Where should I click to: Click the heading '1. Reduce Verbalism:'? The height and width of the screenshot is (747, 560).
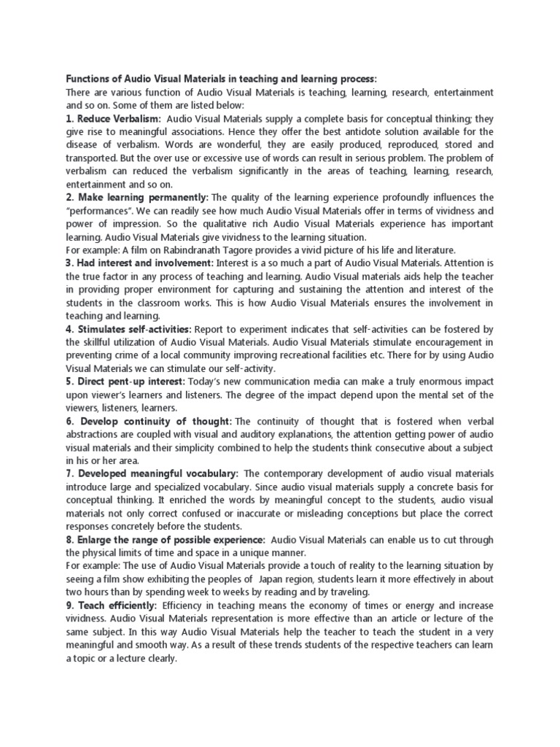click(x=114, y=118)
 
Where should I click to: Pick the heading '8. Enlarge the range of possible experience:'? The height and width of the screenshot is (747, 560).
click(x=166, y=539)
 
